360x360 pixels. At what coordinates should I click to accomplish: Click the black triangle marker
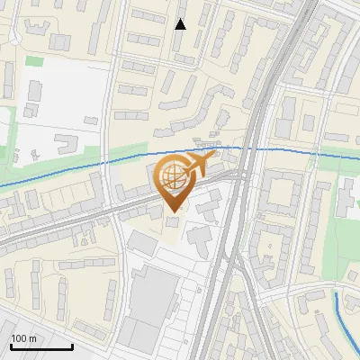pos(181,23)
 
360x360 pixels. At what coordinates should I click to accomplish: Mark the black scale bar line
pos(41,346)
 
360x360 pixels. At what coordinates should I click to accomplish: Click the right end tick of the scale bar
pos(72,345)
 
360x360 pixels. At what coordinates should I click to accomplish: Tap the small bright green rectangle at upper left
pos(34,61)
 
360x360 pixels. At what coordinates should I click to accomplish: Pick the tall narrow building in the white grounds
pos(35,92)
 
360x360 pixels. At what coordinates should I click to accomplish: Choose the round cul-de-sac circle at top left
pos(15,39)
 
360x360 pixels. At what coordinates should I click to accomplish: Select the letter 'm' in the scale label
pos(32,338)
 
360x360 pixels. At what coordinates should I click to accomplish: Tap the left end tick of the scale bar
pos(11,345)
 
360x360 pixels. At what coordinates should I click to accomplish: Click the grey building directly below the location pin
pos(173,221)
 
